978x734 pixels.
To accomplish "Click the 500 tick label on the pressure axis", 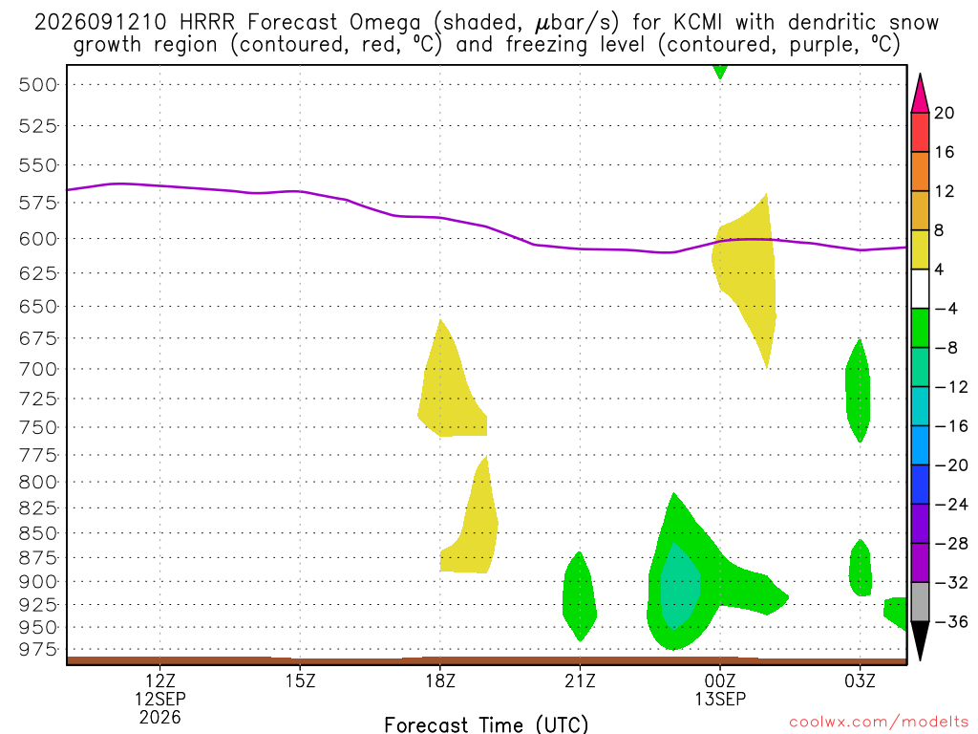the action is [38, 85].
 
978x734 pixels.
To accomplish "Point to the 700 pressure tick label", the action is [38, 370].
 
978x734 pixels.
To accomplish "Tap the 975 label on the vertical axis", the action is [38, 650].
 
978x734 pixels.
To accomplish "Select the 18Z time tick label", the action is [440, 680].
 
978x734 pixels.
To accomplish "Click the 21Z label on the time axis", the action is [580, 680].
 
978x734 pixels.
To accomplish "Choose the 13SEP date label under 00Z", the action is [720, 699].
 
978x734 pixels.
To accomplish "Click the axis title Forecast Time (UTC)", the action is [486, 724].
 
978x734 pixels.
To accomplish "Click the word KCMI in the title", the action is [697, 23].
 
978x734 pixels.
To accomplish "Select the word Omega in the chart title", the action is [385, 24].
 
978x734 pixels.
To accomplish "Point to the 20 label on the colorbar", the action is [944, 113].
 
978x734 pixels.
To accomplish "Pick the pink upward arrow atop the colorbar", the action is [920, 95].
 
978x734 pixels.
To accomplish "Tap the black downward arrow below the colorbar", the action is [920, 639].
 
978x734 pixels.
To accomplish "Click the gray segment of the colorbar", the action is [920, 602].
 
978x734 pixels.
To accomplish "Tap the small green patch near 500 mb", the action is [720, 71].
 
